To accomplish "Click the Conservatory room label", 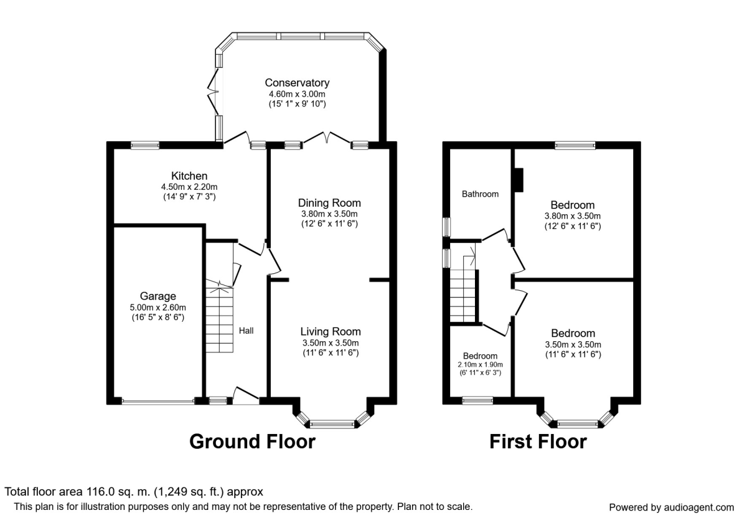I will click(x=297, y=83).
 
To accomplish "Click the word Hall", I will click(x=246, y=331).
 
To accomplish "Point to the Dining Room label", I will click(x=329, y=203).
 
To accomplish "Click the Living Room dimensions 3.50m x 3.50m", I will click(x=329, y=342).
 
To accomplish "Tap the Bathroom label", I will click(x=480, y=194).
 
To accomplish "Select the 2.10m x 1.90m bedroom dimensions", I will click(x=480, y=365).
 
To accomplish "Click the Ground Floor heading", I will click(x=252, y=441).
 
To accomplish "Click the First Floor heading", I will click(x=538, y=441).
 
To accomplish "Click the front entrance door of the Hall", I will click(x=246, y=396).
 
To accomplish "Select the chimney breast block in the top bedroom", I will click(x=519, y=180).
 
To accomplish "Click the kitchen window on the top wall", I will click(x=144, y=146).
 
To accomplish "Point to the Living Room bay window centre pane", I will click(x=332, y=425).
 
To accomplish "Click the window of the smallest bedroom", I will click(x=477, y=401).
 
